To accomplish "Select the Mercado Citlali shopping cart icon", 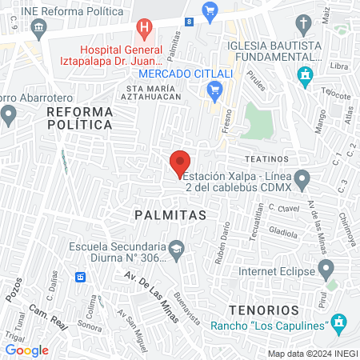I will tap(214, 92).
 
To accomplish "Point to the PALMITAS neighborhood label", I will tap(170, 215).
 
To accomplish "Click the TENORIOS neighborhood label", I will tap(262, 309).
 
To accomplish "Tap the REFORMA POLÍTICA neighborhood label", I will tap(78, 118).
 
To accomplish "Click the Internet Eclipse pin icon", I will tap(325, 268).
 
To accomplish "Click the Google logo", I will tap(27, 350).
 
